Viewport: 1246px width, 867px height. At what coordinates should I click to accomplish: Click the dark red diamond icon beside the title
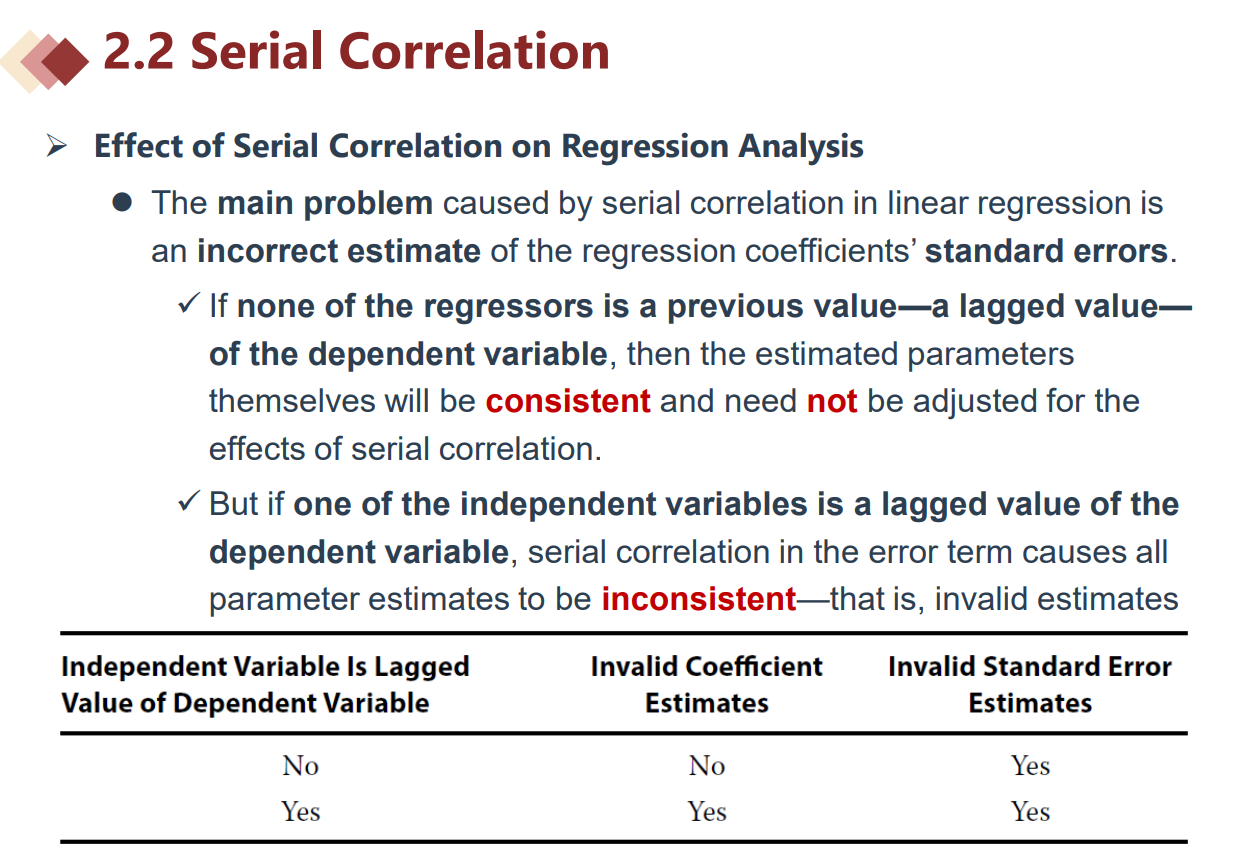click(x=66, y=62)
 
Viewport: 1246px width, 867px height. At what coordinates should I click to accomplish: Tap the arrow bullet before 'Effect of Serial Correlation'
click(x=56, y=146)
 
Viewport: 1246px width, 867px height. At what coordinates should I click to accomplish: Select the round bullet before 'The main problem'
click(x=122, y=202)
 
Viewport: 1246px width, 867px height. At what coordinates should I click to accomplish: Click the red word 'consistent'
click(x=568, y=401)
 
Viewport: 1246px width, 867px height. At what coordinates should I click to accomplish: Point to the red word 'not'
click(x=832, y=401)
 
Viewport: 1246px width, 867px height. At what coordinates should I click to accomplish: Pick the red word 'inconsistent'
click(x=699, y=599)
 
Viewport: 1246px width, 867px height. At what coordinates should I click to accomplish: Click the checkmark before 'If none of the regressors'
click(x=189, y=303)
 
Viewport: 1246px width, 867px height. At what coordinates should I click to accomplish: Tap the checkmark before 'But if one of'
click(x=189, y=501)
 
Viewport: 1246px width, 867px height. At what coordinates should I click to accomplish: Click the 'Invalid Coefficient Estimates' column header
click(x=706, y=685)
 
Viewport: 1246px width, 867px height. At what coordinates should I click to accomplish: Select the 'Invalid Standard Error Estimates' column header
click(x=1030, y=685)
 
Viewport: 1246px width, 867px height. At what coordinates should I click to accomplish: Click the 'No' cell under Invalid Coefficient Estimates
click(x=706, y=766)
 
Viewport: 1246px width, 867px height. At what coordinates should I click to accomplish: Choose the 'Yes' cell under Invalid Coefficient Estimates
click(x=706, y=811)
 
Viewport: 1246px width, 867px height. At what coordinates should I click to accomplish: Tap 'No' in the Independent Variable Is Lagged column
click(x=300, y=766)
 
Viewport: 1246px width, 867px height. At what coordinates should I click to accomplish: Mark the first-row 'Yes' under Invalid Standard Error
click(x=1030, y=766)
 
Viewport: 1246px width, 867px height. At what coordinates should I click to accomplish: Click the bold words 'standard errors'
click(x=1046, y=251)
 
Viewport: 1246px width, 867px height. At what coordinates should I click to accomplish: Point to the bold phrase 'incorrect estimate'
click(x=339, y=251)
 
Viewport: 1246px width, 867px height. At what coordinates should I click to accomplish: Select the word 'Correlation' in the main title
click(x=474, y=52)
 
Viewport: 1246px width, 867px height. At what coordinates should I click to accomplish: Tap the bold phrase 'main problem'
click(x=325, y=204)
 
